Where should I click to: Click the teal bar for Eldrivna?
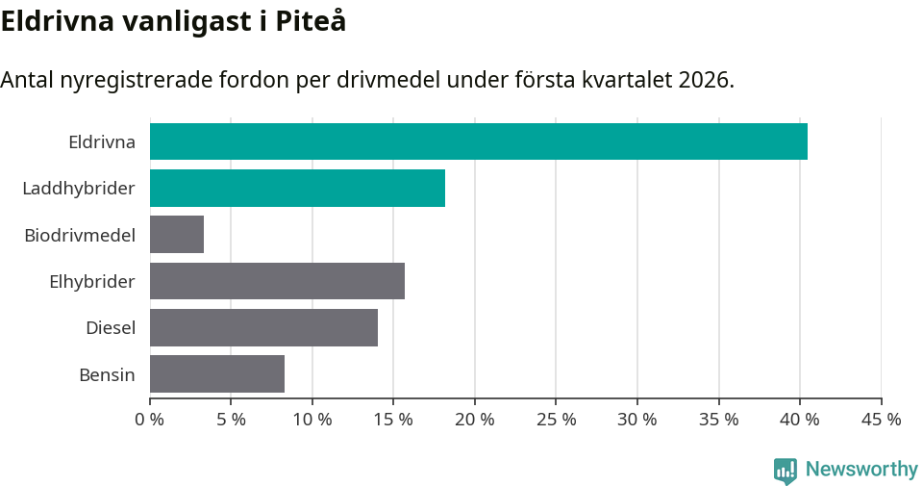point(478,141)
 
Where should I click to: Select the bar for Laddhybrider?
point(297,188)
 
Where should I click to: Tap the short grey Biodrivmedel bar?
point(177,234)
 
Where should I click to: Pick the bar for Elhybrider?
point(277,281)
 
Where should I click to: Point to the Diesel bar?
point(263,327)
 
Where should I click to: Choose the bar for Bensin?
point(217,373)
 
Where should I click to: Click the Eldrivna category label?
point(101,142)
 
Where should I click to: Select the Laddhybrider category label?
point(79,189)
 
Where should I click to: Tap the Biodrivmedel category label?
point(80,235)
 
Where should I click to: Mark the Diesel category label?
point(110,328)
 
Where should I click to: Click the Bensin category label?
point(107,374)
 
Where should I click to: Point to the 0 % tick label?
point(150,420)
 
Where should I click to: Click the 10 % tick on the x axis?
point(312,420)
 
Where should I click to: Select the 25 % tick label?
point(556,420)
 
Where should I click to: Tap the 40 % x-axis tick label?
point(800,420)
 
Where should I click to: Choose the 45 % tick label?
point(881,420)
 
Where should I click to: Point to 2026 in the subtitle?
point(704,80)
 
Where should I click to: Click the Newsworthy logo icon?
point(785,470)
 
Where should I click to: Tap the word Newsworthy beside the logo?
point(861,470)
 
